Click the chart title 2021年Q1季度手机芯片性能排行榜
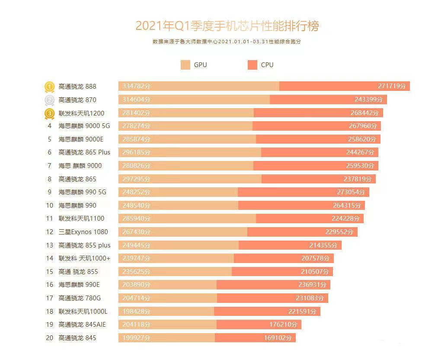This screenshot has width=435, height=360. (227, 26)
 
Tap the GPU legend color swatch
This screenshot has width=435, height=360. (186, 65)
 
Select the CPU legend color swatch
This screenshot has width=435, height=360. (253, 65)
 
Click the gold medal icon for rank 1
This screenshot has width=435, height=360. (50, 87)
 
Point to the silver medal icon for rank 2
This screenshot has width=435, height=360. (50, 100)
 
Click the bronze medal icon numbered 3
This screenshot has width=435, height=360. (50, 113)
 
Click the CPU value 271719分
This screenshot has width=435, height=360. (392, 87)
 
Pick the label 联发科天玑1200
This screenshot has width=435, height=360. (81, 113)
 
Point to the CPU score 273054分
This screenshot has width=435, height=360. (351, 192)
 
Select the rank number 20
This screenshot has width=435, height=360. (50, 337)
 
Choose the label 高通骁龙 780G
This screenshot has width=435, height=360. (80, 298)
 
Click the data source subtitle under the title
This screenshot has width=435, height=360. (227, 42)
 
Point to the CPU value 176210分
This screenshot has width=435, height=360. (283, 325)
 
